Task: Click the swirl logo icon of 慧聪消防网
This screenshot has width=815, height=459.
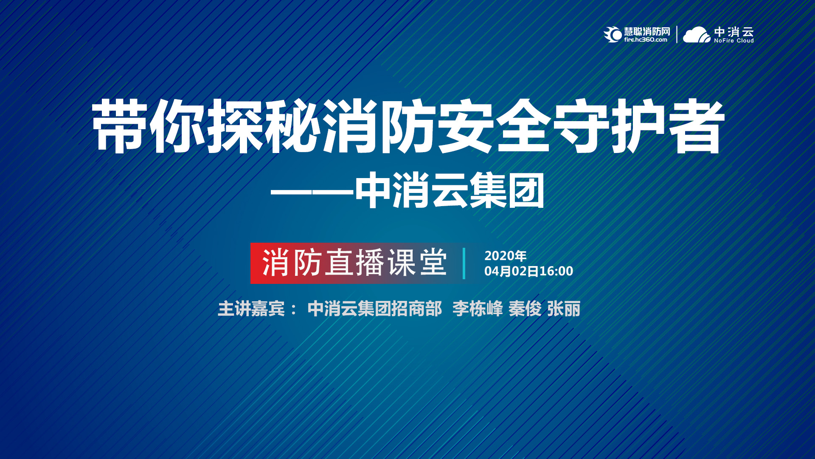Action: (x=613, y=34)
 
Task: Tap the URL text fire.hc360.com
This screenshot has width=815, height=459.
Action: (x=646, y=40)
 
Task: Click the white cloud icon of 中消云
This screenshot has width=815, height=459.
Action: (x=697, y=35)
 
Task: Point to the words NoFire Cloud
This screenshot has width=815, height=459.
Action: (x=734, y=41)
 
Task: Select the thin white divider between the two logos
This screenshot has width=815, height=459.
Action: (x=677, y=34)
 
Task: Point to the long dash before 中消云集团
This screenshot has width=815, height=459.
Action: (x=312, y=192)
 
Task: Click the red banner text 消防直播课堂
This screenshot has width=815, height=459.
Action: (x=355, y=263)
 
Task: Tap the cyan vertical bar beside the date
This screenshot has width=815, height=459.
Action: (x=464, y=263)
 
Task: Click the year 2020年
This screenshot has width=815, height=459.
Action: (x=506, y=256)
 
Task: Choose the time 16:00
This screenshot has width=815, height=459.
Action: (x=556, y=271)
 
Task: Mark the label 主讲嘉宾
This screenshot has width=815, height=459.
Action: (x=251, y=309)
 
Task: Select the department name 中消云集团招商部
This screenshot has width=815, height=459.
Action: (x=375, y=309)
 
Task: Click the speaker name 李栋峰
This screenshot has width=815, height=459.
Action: (x=478, y=309)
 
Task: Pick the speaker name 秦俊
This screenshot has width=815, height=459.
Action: (x=525, y=309)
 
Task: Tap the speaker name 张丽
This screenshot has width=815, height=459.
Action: (x=564, y=309)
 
